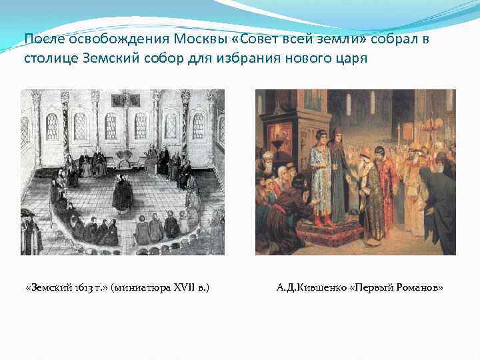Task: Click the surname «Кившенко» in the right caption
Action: coord(322,288)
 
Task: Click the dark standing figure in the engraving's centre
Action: coord(122,193)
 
